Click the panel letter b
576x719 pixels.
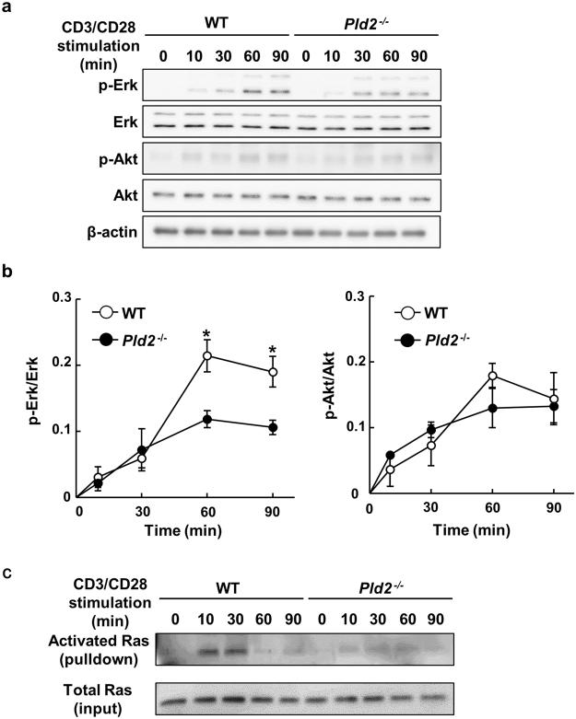pos(7,273)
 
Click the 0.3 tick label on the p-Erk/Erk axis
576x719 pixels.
pos(63,298)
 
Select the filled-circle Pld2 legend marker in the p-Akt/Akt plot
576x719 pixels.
pos(406,341)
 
